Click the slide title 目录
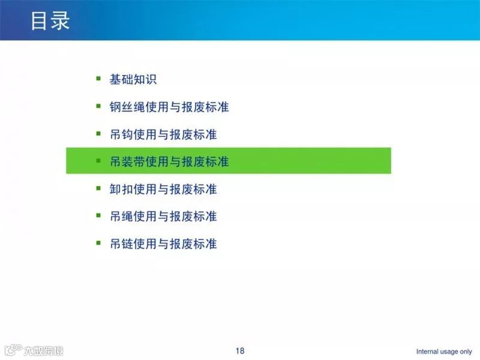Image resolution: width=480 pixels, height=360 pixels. [x=50, y=20]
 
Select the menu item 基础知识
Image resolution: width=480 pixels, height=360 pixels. [x=133, y=79]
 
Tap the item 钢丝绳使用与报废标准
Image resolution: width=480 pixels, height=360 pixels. [x=169, y=107]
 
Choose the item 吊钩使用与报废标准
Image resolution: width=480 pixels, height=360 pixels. [x=163, y=134]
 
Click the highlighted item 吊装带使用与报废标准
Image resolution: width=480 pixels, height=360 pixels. [x=169, y=161]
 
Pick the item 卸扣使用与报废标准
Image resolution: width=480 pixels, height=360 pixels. [x=163, y=189]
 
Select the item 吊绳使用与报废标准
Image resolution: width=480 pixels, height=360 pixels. [x=163, y=216]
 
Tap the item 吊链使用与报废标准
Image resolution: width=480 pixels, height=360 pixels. [x=163, y=244]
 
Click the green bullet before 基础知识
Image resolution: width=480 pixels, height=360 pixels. [x=98, y=78]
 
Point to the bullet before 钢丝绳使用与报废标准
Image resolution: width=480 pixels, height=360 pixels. [x=98, y=106]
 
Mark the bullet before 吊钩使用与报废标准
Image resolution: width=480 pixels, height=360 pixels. [x=98, y=133]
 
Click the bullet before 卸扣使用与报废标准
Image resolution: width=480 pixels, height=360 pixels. [x=98, y=188]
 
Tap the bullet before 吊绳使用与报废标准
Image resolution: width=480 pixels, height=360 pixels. [x=98, y=215]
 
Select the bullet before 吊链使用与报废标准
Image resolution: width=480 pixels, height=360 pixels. [x=98, y=242]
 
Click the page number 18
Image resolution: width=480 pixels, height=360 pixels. [x=240, y=351]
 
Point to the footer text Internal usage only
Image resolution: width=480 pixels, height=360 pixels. [x=444, y=352]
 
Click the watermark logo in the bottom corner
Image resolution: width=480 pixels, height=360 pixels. [x=33, y=350]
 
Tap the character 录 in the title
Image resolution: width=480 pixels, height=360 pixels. [x=61, y=20]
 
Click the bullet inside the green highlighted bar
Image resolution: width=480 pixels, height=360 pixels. [x=98, y=160]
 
